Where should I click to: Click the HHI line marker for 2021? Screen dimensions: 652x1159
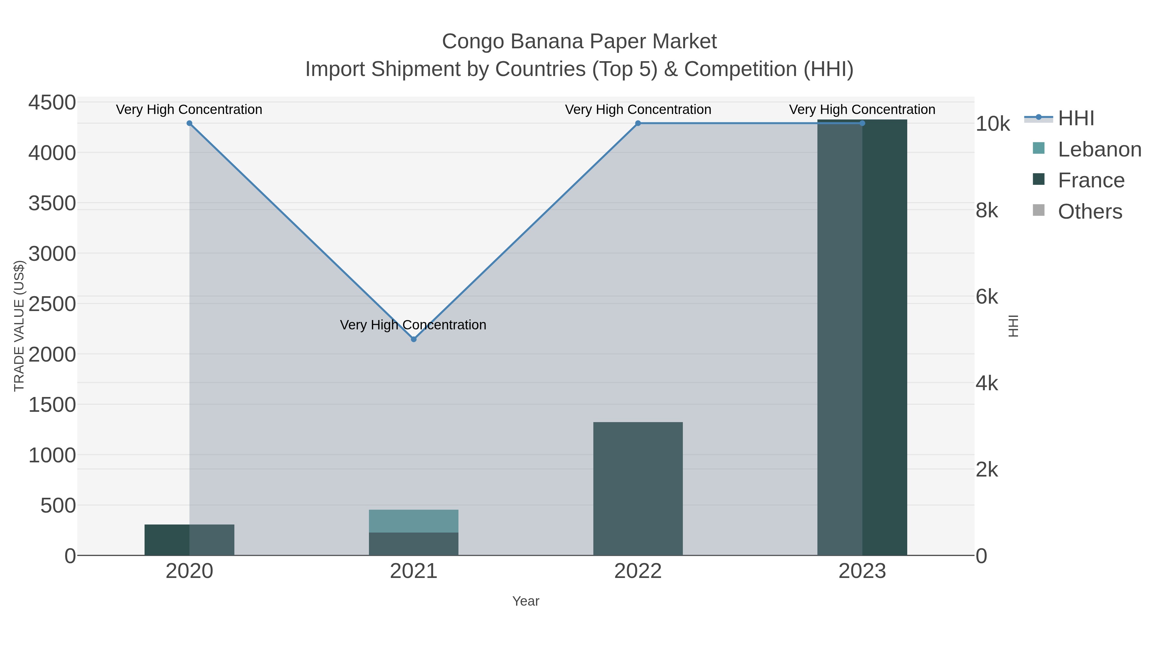pos(413,339)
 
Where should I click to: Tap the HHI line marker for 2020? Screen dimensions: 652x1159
pos(189,123)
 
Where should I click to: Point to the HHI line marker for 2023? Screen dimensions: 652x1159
pos(862,123)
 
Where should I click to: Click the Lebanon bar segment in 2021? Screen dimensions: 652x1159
pos(413,521)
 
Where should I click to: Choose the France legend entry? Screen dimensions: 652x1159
pos(1091,180)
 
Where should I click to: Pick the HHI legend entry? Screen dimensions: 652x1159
pos(1075,118)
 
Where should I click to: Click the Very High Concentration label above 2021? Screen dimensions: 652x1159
pos(413,325)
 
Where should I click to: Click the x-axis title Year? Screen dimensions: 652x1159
pos(525,601)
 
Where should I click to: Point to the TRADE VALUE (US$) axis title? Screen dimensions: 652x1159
pos(19,326)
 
